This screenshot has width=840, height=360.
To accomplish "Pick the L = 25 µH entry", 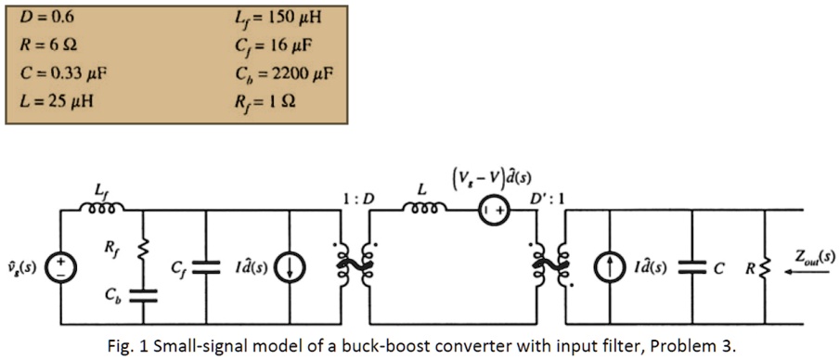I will click(x=53, y=99).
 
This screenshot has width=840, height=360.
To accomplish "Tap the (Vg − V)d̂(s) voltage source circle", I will click(x=491, y=211).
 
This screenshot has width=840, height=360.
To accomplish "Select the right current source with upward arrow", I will click(x=610, y=268).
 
